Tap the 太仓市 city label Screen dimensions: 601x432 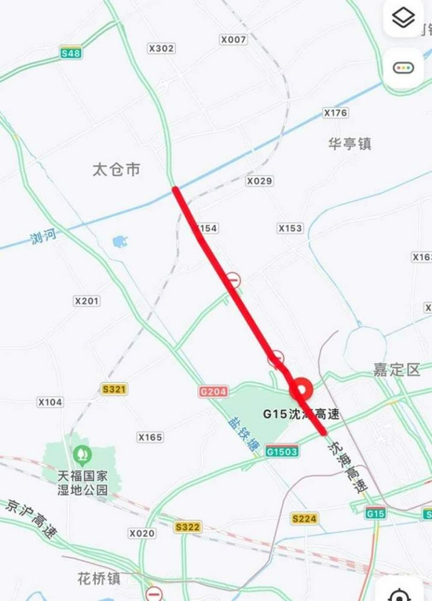point(115,169)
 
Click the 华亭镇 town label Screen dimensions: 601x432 point(350,144)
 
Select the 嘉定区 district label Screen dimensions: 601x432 point(397,370)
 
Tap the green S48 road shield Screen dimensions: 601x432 point(71,53)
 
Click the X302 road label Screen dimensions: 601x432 point(161,48)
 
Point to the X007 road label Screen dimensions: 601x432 point(233,39)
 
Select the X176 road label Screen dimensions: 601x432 point(335,114)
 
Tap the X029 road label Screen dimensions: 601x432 point(259,181)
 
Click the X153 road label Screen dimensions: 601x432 point(290,228)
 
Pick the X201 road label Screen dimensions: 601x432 point(86,300)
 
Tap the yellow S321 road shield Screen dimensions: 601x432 point(115,388)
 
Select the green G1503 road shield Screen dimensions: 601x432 point(281,452)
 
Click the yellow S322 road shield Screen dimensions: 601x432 point(188,527)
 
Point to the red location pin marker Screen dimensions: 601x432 point(302,390)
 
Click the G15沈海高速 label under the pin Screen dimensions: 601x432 point(296,413)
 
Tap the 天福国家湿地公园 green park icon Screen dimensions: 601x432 point(80,454)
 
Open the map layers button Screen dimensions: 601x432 point(403,19)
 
